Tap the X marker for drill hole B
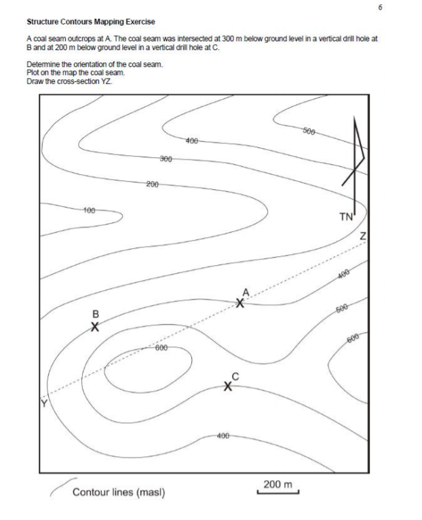click(x=96, y=326)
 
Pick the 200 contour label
click(x=153, y=184)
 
